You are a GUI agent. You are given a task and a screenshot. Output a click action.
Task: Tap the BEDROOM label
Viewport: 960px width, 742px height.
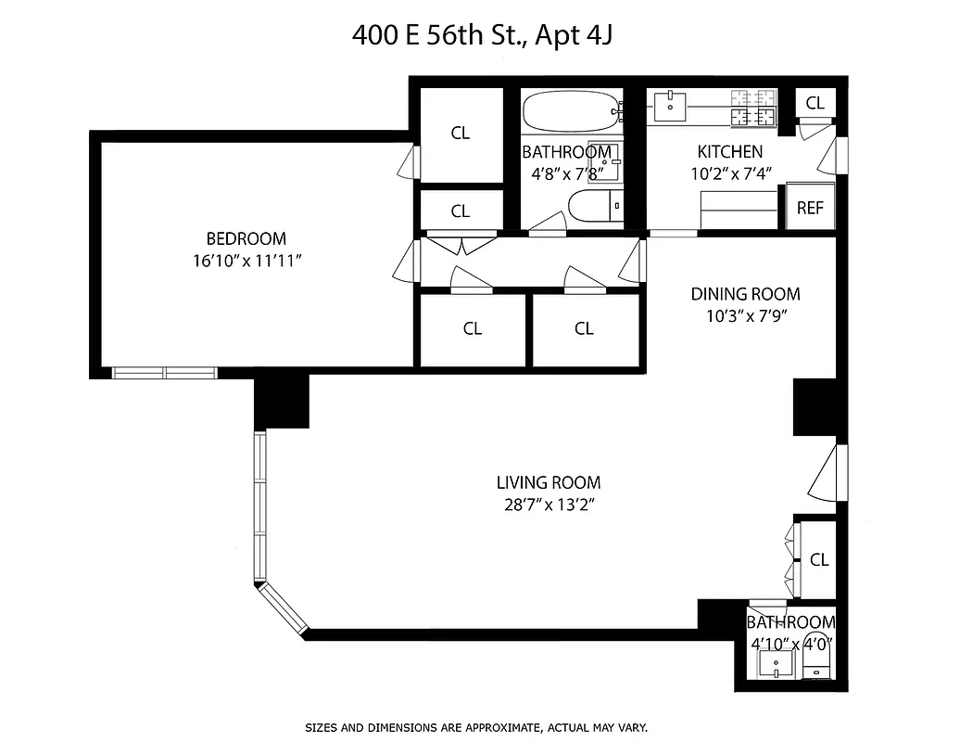[x=246, y=238]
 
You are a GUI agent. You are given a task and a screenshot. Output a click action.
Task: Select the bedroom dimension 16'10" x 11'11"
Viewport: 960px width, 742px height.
[x=246, y=261]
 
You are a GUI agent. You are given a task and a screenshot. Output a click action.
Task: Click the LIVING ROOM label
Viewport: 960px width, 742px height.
[x=548, y=482]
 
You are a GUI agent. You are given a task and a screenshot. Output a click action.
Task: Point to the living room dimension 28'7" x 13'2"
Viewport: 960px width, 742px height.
[x=548, y=505]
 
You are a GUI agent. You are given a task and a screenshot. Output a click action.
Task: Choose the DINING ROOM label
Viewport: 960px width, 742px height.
[x=745, y=294]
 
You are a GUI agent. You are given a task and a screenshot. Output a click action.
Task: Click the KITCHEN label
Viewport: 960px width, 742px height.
[x=729, y=151]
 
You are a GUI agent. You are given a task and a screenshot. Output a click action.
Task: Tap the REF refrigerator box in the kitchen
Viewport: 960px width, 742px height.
[x=810, y=208]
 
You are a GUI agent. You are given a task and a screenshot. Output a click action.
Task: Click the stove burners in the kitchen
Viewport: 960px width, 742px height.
[x=752, y=107]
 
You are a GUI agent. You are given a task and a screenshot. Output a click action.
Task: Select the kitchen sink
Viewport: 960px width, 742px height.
[x=670, y=107]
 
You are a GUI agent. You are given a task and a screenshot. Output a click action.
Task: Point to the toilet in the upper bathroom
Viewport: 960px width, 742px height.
[x=594, y=207]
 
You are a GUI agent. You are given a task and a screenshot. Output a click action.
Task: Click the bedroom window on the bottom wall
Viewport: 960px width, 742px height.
[x=165, y=373]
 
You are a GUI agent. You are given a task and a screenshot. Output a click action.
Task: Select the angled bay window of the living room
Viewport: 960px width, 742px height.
[x=283, y=608]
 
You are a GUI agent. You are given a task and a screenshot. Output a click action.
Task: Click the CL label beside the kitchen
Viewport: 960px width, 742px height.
[x=815, y=103]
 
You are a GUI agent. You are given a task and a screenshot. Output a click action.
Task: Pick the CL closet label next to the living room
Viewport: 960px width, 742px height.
[x=819, y=559]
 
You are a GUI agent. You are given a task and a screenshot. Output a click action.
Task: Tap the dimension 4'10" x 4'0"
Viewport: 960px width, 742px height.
[x=790, y=642]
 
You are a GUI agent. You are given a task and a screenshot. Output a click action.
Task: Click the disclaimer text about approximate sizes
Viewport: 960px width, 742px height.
[x=475, y=727]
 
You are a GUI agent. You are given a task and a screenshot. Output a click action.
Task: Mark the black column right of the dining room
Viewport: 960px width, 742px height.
[x=815, y=407]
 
